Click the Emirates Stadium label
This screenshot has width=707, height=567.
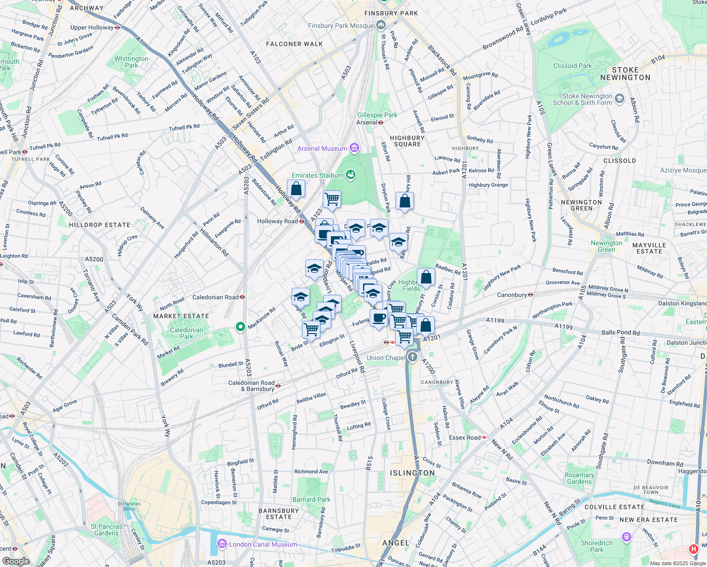tap(317, 175)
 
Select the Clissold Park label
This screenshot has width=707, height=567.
tap(572, 66)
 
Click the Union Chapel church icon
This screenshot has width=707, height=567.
tap(413, 357)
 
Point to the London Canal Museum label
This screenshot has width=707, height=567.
tap(263, 544)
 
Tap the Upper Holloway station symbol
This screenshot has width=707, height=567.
tap(118, 27)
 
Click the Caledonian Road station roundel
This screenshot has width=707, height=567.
tap(242, 297)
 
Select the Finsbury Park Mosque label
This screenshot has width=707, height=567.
tap(341, 26)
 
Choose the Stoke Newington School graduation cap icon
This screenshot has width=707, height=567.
tap(620, 99)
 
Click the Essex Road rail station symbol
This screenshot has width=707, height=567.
tap(484, 438)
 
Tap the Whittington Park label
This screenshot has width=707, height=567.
tap(131, 62)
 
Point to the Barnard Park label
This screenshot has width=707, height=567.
tap(311, 499)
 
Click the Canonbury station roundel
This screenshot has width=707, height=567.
tap(530, 295)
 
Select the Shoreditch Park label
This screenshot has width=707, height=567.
tap(596, 546)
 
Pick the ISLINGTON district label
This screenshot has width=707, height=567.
tap(412, 473)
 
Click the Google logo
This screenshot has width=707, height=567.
tap(16, 561)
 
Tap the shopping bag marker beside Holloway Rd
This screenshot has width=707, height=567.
tap(296, 189)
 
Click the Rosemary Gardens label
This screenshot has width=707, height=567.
tap(579, 478)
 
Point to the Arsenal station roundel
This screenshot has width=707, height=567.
tap(380, 122)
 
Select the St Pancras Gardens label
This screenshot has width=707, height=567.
tap(106, 530)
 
